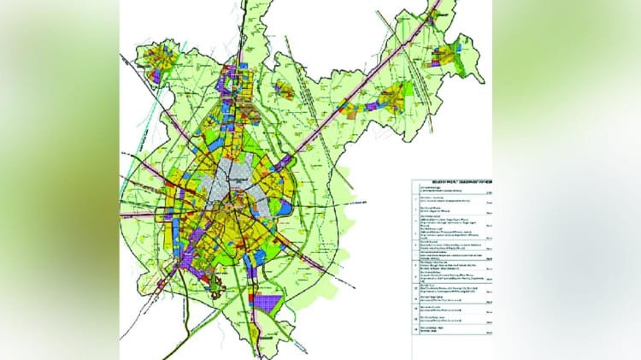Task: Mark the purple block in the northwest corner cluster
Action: pyautogui.click(x=159, y=75)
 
